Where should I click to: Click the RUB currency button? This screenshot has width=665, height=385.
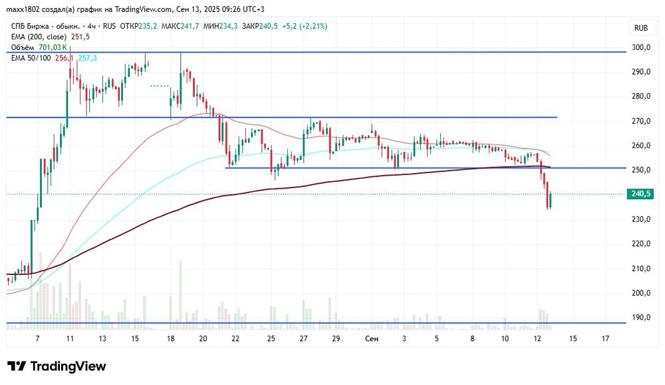point(641,28)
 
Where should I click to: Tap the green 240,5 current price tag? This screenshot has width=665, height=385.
point(639,194)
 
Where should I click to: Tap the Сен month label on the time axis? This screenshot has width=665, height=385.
point(372,339)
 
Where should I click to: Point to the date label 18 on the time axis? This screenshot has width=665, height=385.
point(171,339)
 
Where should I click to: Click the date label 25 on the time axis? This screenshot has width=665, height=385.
point(271,339)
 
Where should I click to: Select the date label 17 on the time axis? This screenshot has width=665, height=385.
point(605,339)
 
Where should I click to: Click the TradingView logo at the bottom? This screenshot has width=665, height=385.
point(57,366)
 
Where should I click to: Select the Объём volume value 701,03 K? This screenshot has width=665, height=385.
point(53,47)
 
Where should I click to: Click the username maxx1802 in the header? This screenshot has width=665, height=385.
point(25,9)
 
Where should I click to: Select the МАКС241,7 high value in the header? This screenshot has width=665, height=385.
point(180,27)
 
